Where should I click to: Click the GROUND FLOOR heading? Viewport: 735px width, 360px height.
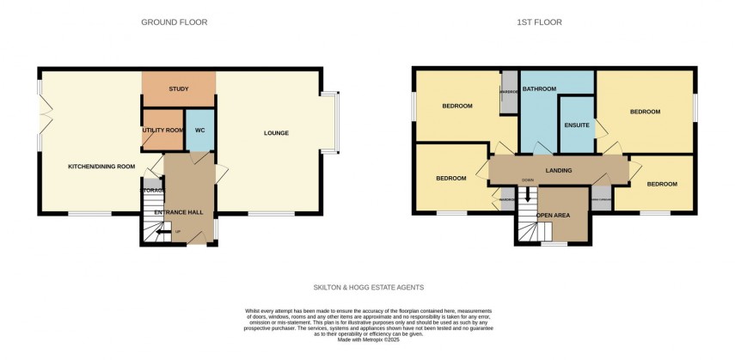174,22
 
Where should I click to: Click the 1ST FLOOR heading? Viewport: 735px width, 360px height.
541,22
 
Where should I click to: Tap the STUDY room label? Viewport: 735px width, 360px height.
179,89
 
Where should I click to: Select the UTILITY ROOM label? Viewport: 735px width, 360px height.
162,130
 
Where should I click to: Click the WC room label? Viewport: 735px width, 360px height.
199,130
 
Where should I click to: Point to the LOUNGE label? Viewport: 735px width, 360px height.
276,133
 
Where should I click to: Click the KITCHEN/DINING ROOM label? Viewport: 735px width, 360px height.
101,166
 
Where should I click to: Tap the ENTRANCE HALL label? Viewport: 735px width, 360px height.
175,211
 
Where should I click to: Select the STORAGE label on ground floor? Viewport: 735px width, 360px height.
153,190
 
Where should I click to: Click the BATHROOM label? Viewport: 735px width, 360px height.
539,89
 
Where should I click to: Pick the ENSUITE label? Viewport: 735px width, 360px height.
577,125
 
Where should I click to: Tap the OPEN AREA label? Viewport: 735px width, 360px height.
553,215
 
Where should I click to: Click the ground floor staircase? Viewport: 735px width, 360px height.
156,229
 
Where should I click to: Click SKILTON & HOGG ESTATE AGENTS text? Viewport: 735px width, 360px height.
367,287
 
